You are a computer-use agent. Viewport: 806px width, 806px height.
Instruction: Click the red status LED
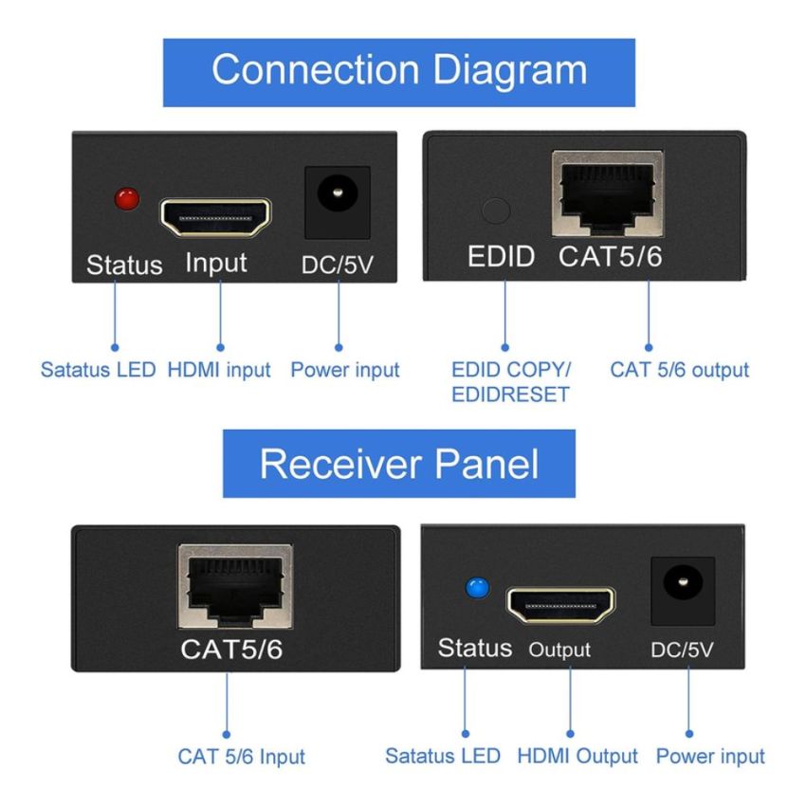(x=126, y=199)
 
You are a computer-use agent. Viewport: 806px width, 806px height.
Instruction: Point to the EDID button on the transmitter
(x=495, y=210)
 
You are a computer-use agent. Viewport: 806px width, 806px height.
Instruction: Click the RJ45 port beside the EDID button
(x=608, y=195)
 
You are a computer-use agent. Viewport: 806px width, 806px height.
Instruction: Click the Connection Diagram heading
(x=399, y=71)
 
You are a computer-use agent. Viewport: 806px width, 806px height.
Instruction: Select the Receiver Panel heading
(x=399, y=464)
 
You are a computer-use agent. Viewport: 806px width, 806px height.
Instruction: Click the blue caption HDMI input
(x=218, y=370)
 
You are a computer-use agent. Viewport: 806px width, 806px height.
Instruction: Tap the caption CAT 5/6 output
(x=679, y=369)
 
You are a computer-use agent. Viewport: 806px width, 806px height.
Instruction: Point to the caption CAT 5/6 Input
(x=242, y=757)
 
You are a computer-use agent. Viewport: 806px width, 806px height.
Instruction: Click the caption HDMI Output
(x=577, y=756)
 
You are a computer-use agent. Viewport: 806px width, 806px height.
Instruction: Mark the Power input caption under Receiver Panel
(x=709, y=756)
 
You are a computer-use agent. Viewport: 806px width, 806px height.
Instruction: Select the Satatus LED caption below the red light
(x=98, y=370)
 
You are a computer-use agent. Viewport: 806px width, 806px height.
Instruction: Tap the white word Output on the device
(x=559, y=650)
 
